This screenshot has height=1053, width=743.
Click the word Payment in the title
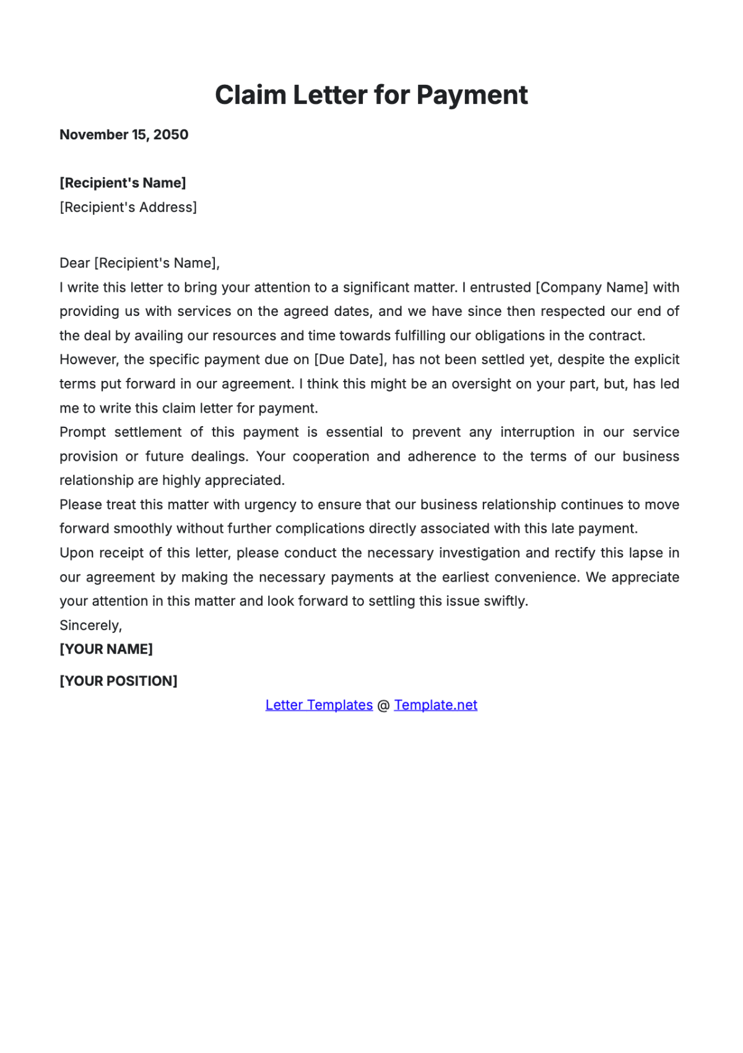coord(472,95)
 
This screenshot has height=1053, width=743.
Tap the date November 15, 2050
coord(124,135)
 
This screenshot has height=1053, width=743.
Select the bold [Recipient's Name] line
coord(123,183)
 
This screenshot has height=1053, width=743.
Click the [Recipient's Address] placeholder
coord(128,208)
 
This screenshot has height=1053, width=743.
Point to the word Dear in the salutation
coord(74,263)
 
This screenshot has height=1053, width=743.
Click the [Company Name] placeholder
coord(592,287)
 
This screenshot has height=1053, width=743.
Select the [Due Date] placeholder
coord(349,360)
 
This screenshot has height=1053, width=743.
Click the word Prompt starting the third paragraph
coord(82,432)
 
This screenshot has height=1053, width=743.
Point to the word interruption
coord(537,432)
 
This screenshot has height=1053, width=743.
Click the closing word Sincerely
coord(90,626)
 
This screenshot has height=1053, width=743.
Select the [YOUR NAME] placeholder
coord(106,649)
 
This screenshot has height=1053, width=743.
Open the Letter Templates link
coord(319,705)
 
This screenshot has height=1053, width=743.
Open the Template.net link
coord(435,705)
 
